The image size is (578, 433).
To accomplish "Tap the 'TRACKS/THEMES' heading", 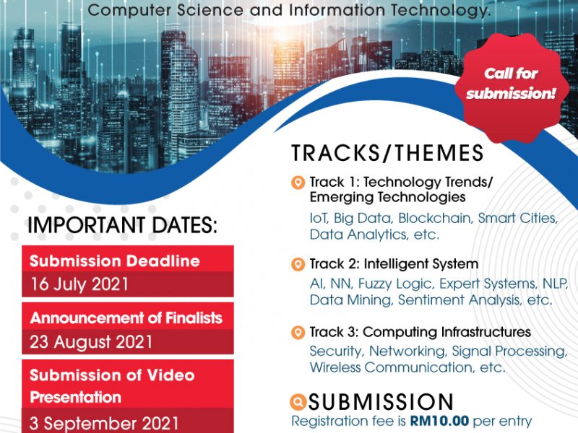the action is click(x=387, y=153).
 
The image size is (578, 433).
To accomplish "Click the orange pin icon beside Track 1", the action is click(x=298, y=183).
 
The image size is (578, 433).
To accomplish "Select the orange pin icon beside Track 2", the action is click(x=298, y=264).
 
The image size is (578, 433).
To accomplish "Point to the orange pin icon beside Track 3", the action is click(x=298, y=333).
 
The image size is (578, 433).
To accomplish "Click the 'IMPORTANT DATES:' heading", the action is click(x=122, y=225).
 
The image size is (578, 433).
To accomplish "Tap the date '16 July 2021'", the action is click(x=79, y=284).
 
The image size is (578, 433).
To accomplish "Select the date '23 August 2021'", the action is click(x=91, y=341).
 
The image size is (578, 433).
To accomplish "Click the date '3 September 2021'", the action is click(x=104, y=424).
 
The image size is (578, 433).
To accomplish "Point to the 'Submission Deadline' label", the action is click(x=115, y=261).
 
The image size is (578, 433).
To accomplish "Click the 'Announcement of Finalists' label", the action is click(x=126, y=318).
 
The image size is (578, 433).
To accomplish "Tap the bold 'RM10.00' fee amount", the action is click(x=439, y=421).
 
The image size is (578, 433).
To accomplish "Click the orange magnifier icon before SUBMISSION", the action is click(x=298, y=402).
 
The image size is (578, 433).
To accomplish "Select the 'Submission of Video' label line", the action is click(x=112, y=375).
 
